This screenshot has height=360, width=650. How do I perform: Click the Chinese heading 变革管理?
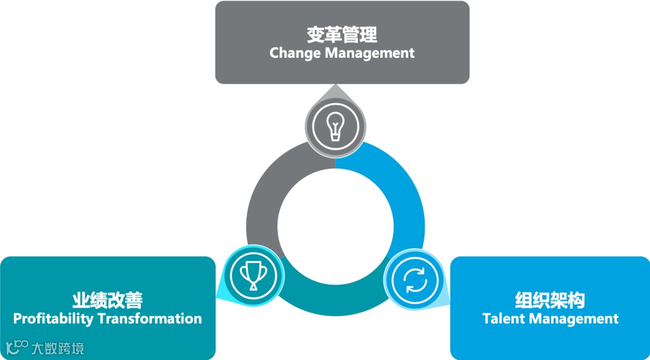click(x=342, y=34)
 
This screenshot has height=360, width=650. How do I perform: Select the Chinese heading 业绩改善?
click(x=108, y=300)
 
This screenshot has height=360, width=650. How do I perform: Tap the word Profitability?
click(x=53, y=318)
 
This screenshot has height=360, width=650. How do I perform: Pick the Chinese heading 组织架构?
click(x=550, y=300)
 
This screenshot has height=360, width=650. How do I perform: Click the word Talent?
click(x=504, y=318)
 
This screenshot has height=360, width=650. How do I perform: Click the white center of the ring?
click(x=335, y=228)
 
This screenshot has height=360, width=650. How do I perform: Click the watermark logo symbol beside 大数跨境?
click(x=17, y=347)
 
